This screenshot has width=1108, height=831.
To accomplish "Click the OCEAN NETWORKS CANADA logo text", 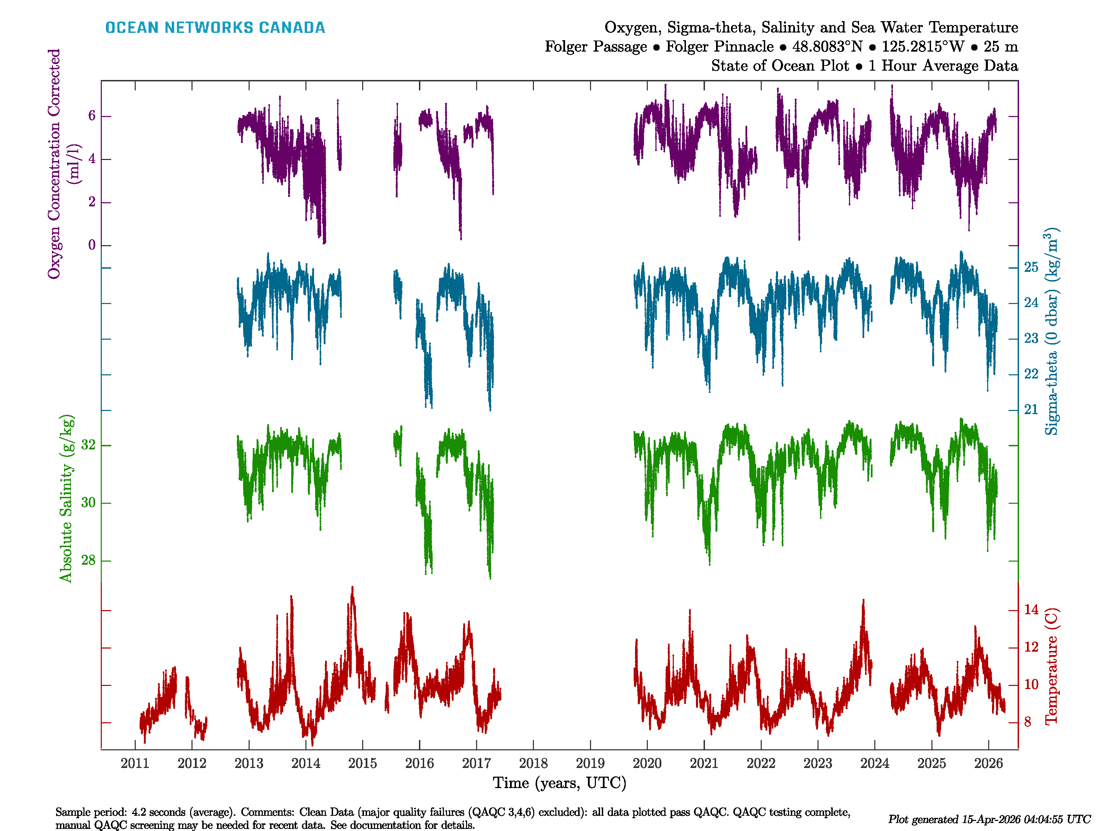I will tap(215, 28).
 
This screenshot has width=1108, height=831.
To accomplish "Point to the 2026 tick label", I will tap(988, 763).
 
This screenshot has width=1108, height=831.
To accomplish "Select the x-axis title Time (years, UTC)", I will tap(560, 783).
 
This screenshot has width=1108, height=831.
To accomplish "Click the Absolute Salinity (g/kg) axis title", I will tap(66, 498).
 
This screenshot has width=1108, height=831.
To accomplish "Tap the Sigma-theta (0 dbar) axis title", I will tap(1052, 331).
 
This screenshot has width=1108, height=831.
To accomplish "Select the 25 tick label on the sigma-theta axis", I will tap(1031, 268).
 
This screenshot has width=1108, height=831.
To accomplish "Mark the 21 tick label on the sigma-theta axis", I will tap(1031, 410).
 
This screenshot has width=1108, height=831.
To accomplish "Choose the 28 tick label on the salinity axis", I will tap(88, 561).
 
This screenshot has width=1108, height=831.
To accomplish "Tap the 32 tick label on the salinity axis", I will tap(88, 445).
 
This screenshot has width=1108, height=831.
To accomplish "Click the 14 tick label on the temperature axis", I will tap(1031, 610).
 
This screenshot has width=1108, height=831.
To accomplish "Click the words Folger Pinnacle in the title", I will tap(719, 47).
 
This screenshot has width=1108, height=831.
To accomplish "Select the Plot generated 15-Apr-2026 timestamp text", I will tap(989, 820).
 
